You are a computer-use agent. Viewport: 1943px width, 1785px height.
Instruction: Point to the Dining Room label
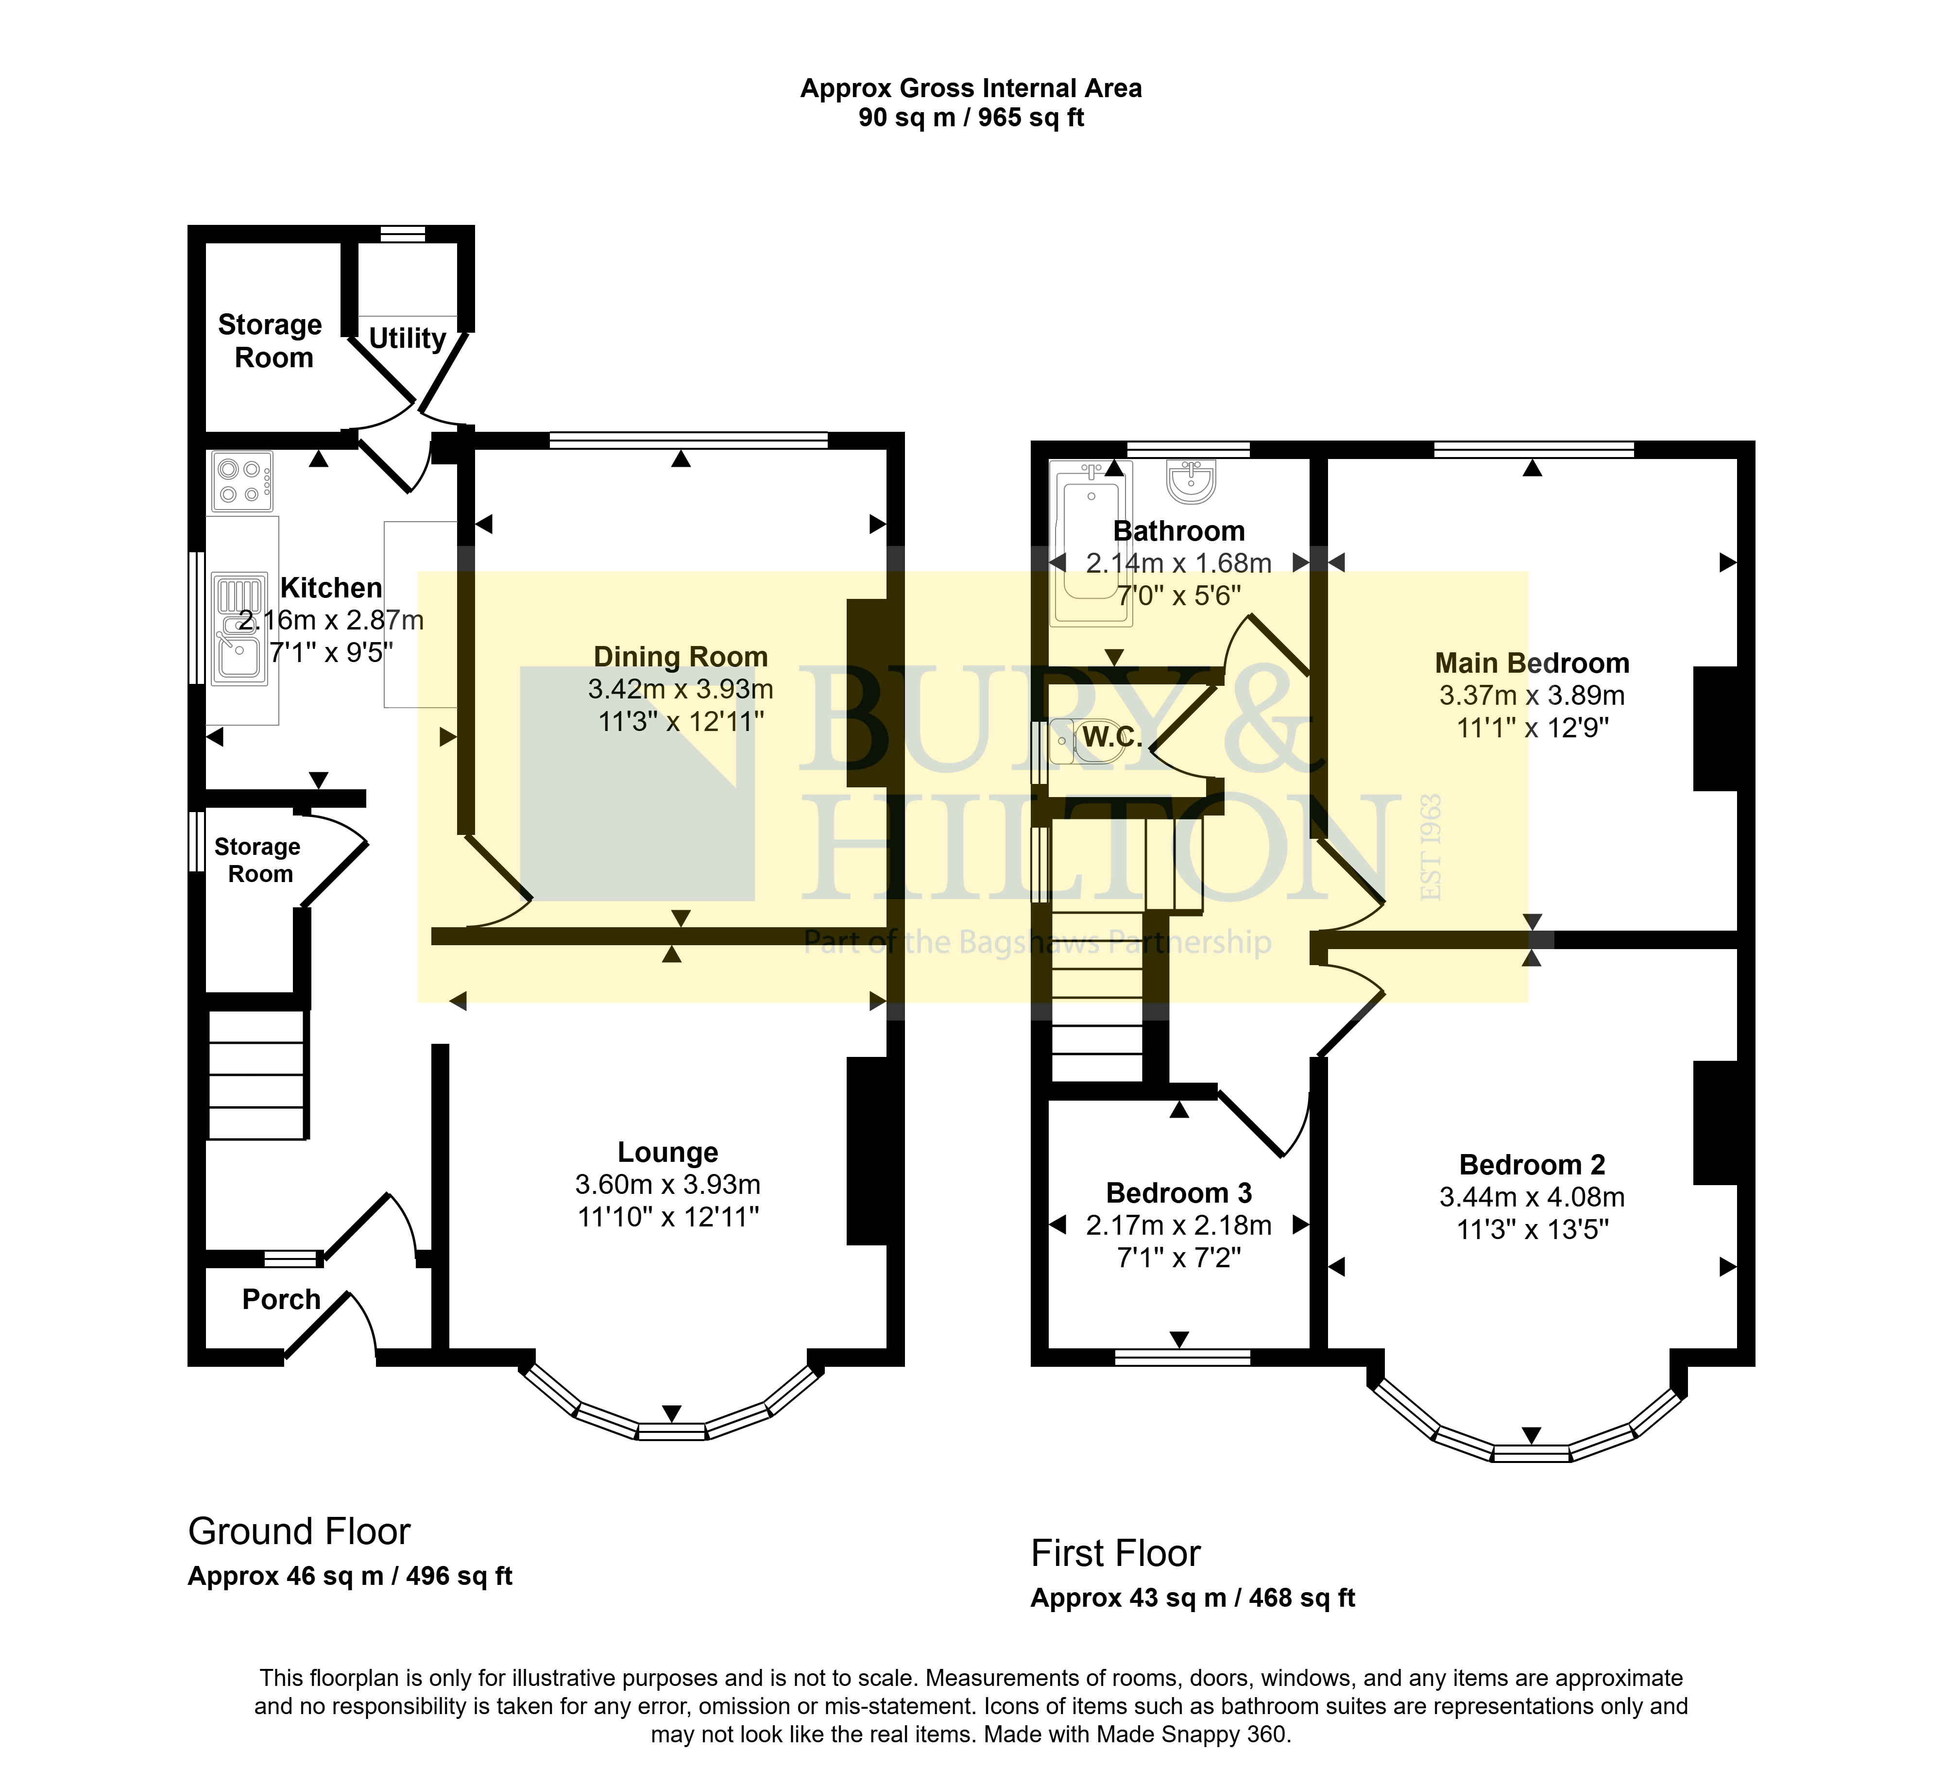[x=680, y=657]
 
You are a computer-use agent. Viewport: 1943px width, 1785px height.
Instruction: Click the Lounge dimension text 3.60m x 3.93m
[x=667, y=1184]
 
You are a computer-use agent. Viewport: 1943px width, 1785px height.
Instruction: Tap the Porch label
[x=281, y=1299]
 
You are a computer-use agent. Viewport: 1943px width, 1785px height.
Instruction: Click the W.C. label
[x=1112, y=737]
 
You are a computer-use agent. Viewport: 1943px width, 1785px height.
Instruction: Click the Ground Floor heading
[x=300, y=1532]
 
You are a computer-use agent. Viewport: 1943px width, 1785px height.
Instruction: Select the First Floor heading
[x=1116, y=1554]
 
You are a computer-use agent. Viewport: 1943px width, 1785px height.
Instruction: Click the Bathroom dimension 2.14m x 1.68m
[x=1179, y=563]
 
